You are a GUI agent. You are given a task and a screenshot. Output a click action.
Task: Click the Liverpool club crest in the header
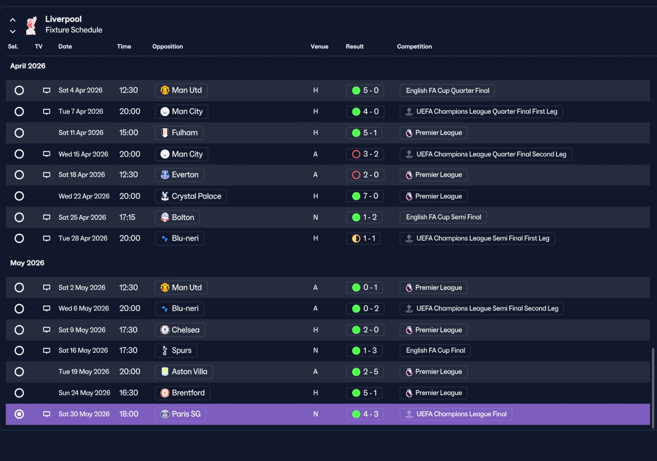[x=31, y=26]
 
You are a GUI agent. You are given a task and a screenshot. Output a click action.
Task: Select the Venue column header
[x=319, y=46]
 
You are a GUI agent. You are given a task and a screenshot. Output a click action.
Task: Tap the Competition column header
[x=414, y=46]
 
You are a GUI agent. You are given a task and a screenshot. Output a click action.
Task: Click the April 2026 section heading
[x=28, y=66]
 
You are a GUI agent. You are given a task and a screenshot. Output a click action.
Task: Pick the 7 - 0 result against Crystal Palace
[x=365, y=196]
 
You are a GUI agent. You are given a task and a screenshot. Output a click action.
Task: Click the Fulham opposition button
[x=179, y=133]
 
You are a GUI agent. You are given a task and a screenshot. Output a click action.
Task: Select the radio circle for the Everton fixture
[x=20, y=175]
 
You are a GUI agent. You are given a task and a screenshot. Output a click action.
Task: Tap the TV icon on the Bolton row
[x=47, y=217]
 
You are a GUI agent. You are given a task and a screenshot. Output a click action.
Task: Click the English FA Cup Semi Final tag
[x=443, y=217]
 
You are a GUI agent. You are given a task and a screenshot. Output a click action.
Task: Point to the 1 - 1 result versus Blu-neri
[x=363, y=238]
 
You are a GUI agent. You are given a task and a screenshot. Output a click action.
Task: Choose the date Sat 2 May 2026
[x=82, y=287]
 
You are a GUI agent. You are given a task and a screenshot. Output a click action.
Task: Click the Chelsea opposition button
[x=180, y=330]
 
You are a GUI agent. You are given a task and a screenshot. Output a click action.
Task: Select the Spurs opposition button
[x=176, y=351]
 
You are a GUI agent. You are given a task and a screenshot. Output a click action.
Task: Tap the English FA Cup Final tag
[x=435, y=351]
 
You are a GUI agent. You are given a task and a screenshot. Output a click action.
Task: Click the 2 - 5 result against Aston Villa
[x=364, y=372]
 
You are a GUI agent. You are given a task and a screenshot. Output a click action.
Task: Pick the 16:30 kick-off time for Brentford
[x=128, y=393]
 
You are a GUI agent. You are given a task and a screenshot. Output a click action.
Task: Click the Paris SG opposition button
[x=180, y=414]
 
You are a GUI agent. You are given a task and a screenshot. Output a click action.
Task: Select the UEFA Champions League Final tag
[x=456, y=414]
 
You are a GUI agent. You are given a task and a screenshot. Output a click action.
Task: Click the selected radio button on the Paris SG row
[x=20, y=414]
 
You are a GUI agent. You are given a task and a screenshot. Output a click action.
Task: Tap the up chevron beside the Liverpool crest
[x=13, y=20]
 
